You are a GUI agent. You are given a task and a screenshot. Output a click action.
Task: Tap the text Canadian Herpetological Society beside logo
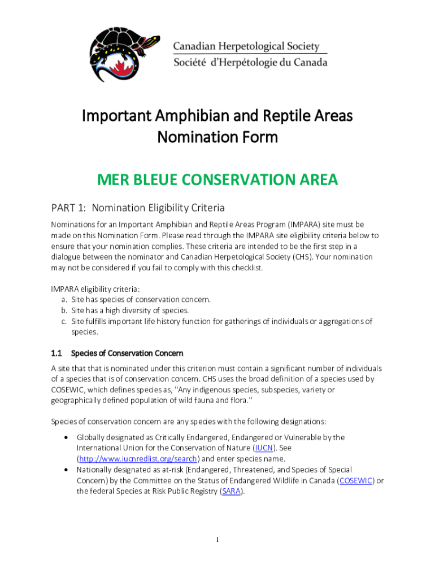246,47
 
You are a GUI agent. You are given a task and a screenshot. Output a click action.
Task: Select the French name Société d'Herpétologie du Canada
250,63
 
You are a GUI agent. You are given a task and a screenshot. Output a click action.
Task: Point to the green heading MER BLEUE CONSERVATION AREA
217,180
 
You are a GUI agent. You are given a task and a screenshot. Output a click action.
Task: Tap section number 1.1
56,353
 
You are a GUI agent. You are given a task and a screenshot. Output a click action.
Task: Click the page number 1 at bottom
217,540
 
